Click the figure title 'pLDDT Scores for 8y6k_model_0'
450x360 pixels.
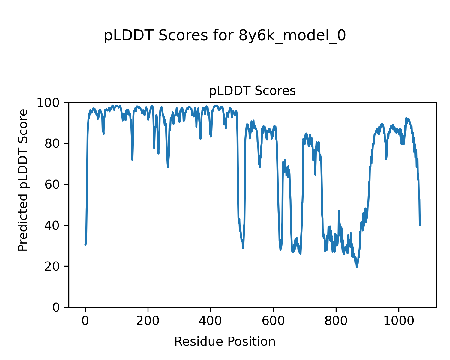225,36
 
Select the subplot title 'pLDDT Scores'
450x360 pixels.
252,91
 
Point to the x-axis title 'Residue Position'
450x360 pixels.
225,341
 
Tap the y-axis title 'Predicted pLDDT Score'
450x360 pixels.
23,180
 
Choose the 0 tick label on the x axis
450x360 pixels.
85,321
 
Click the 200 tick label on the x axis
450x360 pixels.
148,321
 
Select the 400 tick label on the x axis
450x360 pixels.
211,321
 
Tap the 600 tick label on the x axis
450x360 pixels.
273,321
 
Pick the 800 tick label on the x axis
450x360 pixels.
336,321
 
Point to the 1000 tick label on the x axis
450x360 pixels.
399,321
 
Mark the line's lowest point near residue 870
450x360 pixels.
357,267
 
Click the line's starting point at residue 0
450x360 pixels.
85,245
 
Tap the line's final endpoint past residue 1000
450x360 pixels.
420,226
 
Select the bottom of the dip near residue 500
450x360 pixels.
243,248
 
